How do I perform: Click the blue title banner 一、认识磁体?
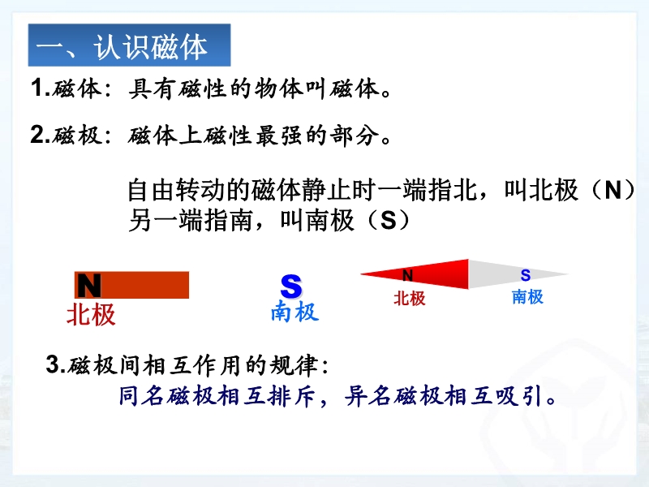(x=129, y=45)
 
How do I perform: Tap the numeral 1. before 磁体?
(x=40, y=88)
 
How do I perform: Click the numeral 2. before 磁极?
(x=40, y=135)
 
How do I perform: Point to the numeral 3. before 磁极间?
(x=56, y=364)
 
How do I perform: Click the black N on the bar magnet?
(x=89, y=286)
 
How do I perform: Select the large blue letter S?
(x=291, y=286)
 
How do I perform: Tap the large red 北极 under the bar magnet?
(x=91, y=314)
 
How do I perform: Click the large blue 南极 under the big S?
(x=294, y=311)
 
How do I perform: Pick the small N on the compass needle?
(x=408, y=275)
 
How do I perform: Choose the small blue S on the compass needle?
(x=526, y=275)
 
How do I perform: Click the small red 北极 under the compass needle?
(x=410, y=298)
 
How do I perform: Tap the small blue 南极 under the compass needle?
(x=527, y=297)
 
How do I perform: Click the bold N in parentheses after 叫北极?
(x=612, y=190)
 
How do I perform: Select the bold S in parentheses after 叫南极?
(x=389, y=220)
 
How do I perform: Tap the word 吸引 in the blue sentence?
(x=518, y=396)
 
